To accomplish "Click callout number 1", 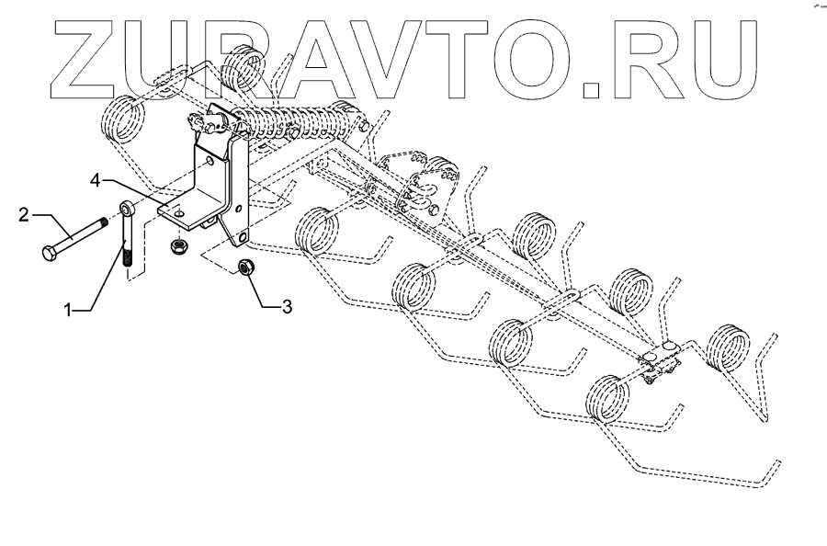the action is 67,311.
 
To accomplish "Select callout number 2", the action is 22,217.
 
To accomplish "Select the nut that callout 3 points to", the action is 245,267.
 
